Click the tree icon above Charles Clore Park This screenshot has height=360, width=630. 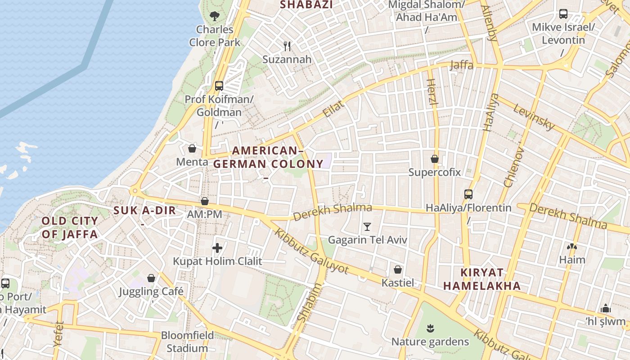pyautogui.click(x=215, y=16)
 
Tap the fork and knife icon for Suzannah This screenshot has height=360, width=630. pyautogui.click(x=287, y=46)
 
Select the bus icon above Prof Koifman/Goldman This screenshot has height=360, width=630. pyautogui.click(x=219, y=85)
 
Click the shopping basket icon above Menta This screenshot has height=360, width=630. pyautogui.click(x=192, y=148)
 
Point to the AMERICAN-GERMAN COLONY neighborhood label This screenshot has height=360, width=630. pyautogui.click(x=268, y=157)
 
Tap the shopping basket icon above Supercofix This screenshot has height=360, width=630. pyautogui.click(x=435, y=159)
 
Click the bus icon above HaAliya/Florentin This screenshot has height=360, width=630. pyautogui.click(x=468, y=194)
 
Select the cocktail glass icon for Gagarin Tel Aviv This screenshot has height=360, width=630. pyautogui.click(x=367, y=226)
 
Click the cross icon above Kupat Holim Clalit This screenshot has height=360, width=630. pyautogui.click(x=217, y=248)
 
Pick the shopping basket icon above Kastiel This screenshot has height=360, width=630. pyautogui.click(x=398, y=270)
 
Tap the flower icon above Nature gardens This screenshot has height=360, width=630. pyautogui.click(x=431, y=328)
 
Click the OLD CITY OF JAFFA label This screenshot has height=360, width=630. pyautogui.click(x=70, y=227)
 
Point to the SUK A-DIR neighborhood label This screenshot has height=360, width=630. pyautogui.click(x=144, y=210)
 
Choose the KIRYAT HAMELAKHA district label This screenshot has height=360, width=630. pyautogui.click(x=481, y=279)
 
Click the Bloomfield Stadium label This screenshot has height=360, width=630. pyautogui.click(x=187, y=342)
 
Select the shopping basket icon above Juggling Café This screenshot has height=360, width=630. pyautogui.click(x=151, y=278)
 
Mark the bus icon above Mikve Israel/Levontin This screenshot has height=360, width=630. pyautogui.click(x=563, y=14)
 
